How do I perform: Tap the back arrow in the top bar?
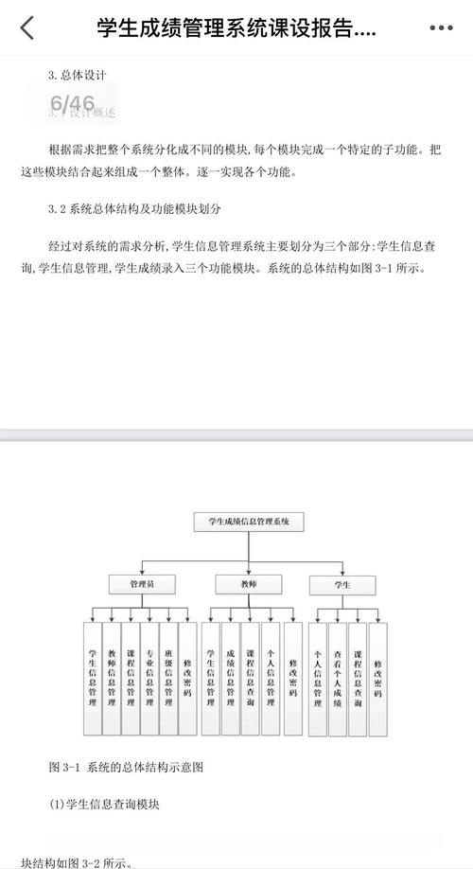pyautogui.click(x=26, y=28)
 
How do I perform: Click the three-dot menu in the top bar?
pyautogui.click(x=441, y=28)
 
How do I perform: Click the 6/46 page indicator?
pyautogui.click(x=73, y=103)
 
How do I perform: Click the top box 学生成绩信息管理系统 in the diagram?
pyautogui.click(x=248, y=521)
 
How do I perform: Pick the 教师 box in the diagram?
pyautogui.click(x=248, y=585)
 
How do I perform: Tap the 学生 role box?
pyautogui.click(x=342, y=585)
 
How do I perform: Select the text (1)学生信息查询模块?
pyautogui.click(x=105, y=806)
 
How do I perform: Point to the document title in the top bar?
pyautogui.click(x=236, y=28)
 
